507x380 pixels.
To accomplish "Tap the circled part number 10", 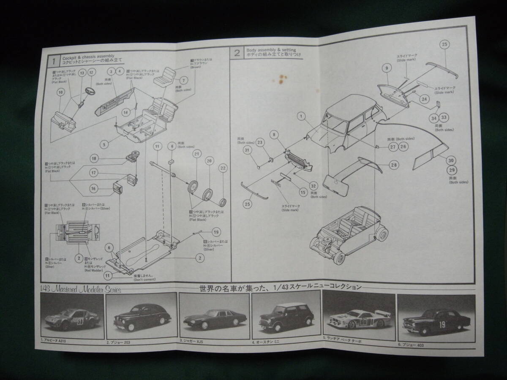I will click(60, 92).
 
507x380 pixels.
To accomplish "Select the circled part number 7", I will click(184, 80).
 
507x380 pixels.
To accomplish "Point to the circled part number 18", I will click(94, 158).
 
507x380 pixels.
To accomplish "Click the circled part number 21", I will click(196, 154).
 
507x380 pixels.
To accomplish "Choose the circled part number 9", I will click(386, 68).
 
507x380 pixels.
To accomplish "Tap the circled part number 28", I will click(393, 165).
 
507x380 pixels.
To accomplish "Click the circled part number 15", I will click(302, 192).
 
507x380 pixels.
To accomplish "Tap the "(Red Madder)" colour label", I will click(93, 270).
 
